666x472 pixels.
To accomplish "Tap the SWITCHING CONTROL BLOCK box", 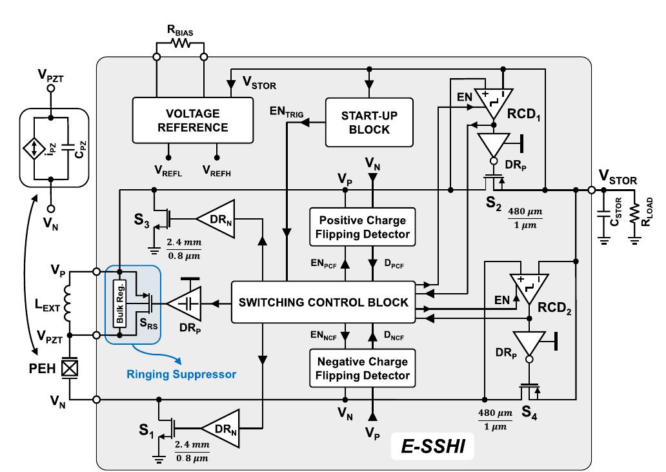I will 323,302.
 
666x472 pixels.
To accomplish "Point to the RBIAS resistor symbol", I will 180,44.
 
